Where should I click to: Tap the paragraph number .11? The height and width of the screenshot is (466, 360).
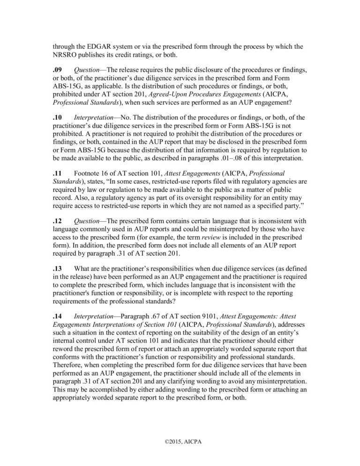(x=57, y=173)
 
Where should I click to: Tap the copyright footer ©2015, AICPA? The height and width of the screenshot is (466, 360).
(x=180, y=442)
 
